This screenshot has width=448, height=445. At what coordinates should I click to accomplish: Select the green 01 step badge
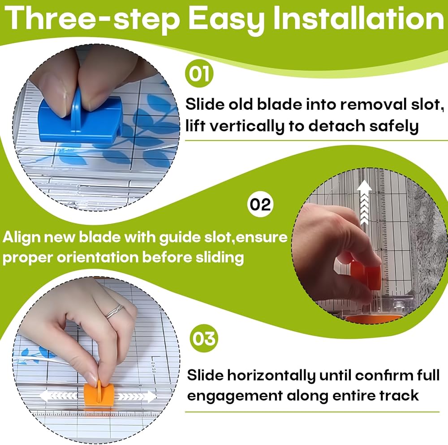click(199, 73)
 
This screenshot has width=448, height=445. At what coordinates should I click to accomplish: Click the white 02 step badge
click(260, 205)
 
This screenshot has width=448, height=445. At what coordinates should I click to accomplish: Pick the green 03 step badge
click(204, 338)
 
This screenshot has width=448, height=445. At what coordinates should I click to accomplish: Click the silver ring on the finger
click(115, 311)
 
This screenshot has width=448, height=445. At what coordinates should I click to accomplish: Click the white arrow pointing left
click(58, 396)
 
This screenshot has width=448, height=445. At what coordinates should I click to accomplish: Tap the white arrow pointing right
click(137, 396)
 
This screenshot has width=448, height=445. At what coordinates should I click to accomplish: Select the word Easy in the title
click(227, 19)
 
